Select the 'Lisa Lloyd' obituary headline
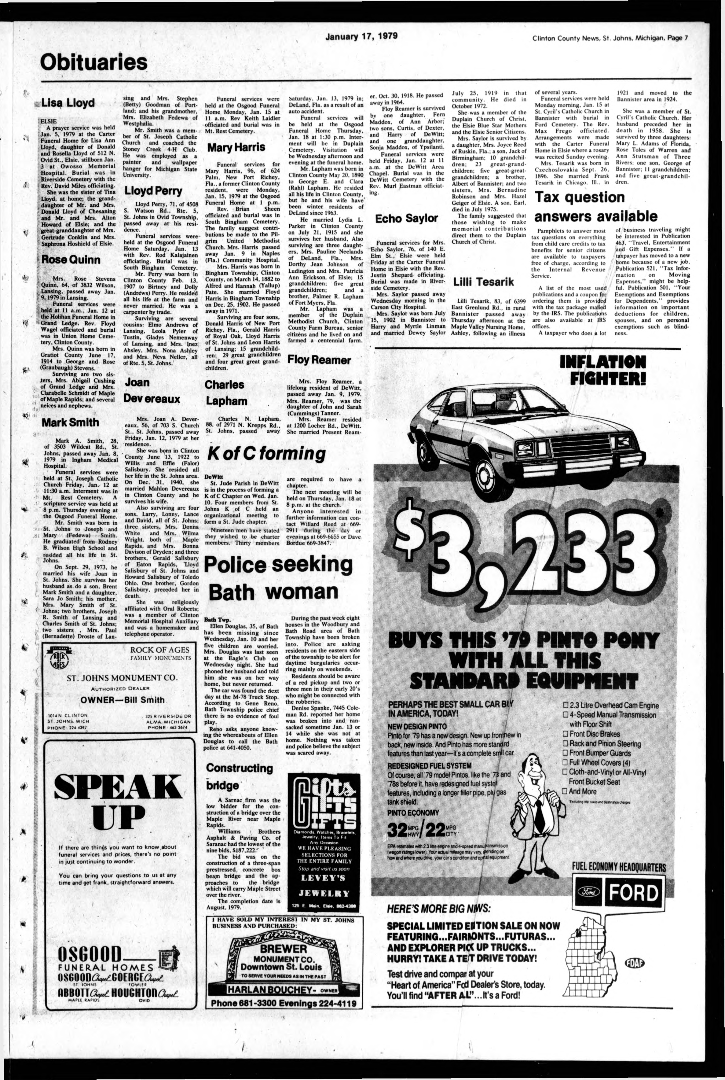pos(68,103)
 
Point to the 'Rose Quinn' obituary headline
pos(71,260)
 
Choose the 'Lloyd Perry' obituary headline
pos(153,190)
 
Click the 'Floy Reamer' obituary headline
pos(319,359)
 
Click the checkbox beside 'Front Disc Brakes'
pos(565,734)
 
